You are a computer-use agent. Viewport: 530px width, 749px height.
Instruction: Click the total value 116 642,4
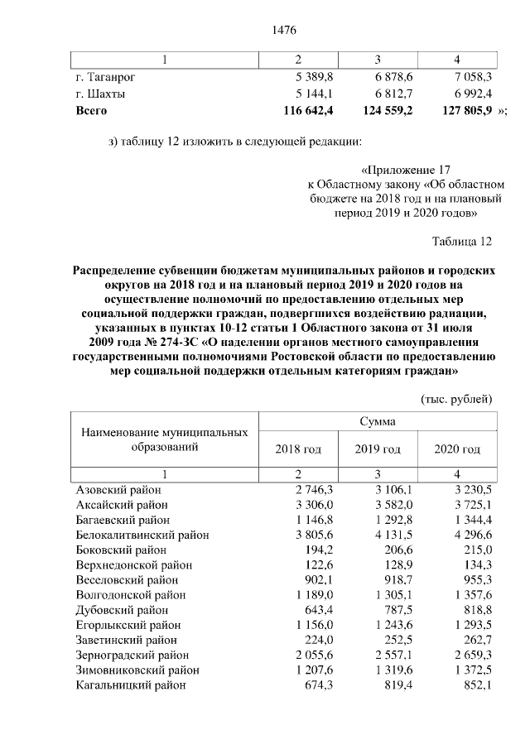point(308,109)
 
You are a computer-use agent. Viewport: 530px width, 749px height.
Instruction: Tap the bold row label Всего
point(91,109)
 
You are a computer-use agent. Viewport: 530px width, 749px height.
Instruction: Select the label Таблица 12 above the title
point(462,242)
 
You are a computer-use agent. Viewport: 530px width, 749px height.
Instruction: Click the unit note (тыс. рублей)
point(457,399)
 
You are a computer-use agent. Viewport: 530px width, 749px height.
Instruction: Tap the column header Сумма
point(377,421)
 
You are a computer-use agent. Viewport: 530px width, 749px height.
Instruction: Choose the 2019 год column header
point(378,449)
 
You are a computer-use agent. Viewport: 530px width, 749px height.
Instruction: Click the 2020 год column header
point(457,449)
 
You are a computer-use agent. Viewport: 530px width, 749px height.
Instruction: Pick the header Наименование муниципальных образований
point(165,439)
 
